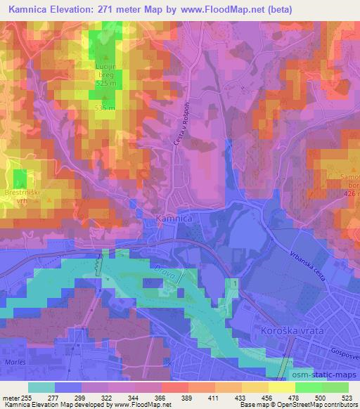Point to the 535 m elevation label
(x=107, y=108)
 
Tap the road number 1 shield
(x=233, y=282)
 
